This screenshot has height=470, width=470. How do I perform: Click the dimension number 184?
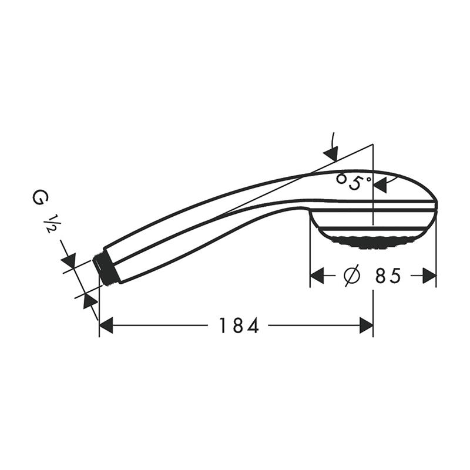coord(239,325)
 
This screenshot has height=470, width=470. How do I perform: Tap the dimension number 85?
coord(388,276)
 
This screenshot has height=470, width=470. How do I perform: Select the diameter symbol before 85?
coord(352,276)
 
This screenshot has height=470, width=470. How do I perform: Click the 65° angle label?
coord(354,181)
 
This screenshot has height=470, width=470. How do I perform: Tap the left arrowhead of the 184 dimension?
coord(106,325)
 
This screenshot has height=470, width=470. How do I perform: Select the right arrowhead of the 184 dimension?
coord(366,325)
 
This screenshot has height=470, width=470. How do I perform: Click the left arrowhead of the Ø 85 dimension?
coord(317,276)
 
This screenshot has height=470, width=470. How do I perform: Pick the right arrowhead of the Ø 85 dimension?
coord(429,276)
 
